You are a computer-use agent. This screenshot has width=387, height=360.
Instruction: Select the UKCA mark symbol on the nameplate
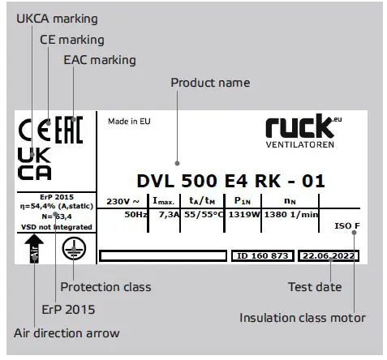tap(34, 163)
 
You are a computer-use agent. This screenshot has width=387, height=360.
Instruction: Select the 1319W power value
tap(243, 216)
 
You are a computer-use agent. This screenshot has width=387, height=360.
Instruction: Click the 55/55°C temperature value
tap(201, 216)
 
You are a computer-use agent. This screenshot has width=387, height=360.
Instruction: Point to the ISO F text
tap(346, 225)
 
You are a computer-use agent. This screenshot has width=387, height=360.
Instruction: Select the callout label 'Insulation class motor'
tap(302, 318)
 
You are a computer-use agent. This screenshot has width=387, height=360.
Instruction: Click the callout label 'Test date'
tap(315, 287)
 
